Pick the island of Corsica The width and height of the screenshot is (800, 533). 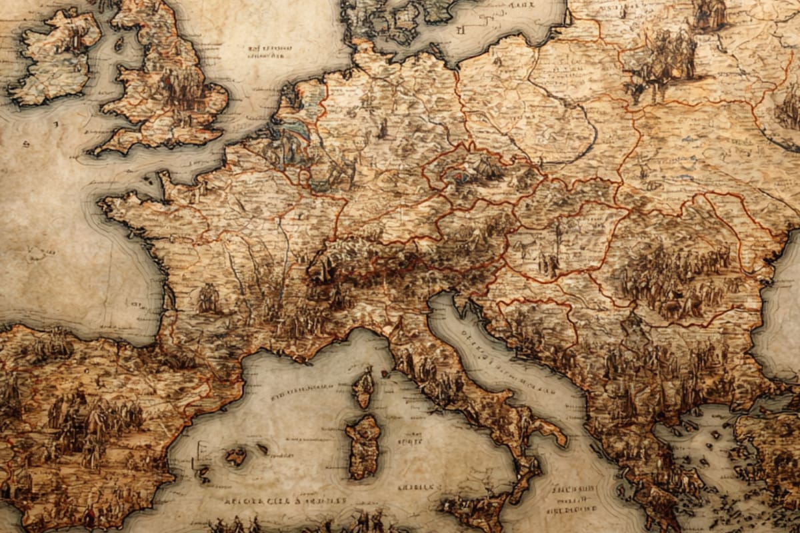coord(364,388)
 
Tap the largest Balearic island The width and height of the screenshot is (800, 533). coord(235,456)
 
